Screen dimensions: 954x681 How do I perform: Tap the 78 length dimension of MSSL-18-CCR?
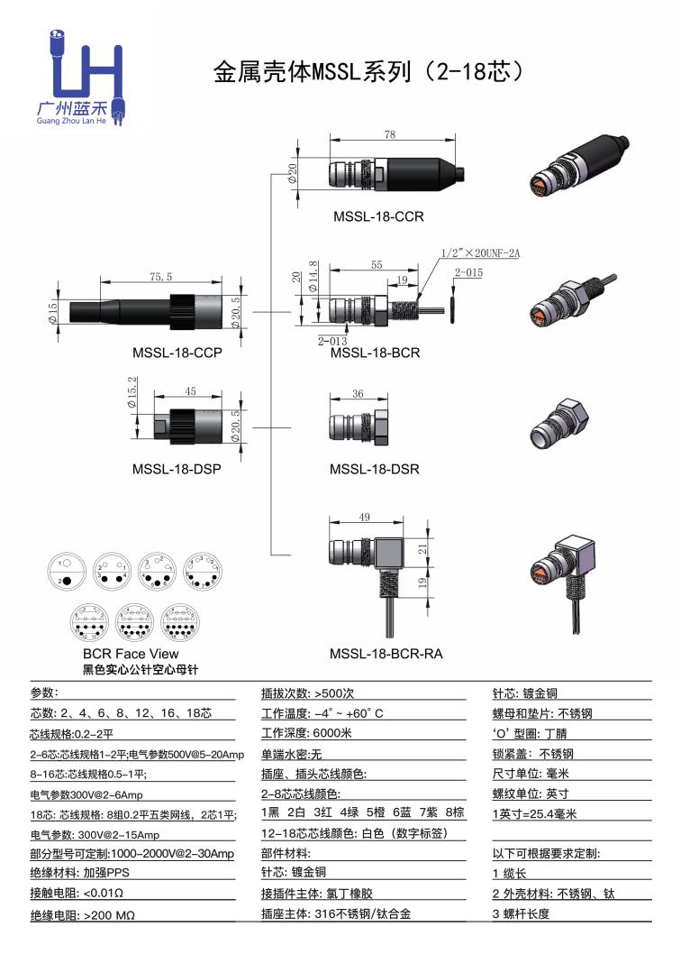pyautogui.click(x=389, y=134)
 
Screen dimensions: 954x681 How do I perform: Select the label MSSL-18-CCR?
pyautogui.click(x=378, y=216)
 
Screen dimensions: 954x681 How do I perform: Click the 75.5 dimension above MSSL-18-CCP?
pyautogui.click(x=159, y=277)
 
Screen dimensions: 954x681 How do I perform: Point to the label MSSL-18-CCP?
pyautogui.click(x=177, y=353)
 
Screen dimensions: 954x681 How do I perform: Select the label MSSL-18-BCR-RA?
pyautogui.click(x=386, y=654)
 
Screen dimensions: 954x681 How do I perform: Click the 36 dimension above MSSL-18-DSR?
pyautogui.click(x=358, y=394)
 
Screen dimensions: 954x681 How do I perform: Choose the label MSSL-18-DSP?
pyautogui.click(x=177, y=469)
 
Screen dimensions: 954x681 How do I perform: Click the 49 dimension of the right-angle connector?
pyautogui.click(x=365, y=517)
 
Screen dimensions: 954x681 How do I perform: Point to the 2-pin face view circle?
pyautogui.click(x=68, y=573)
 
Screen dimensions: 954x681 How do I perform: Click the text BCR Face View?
pyautogui.click(x=131, y=654)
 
